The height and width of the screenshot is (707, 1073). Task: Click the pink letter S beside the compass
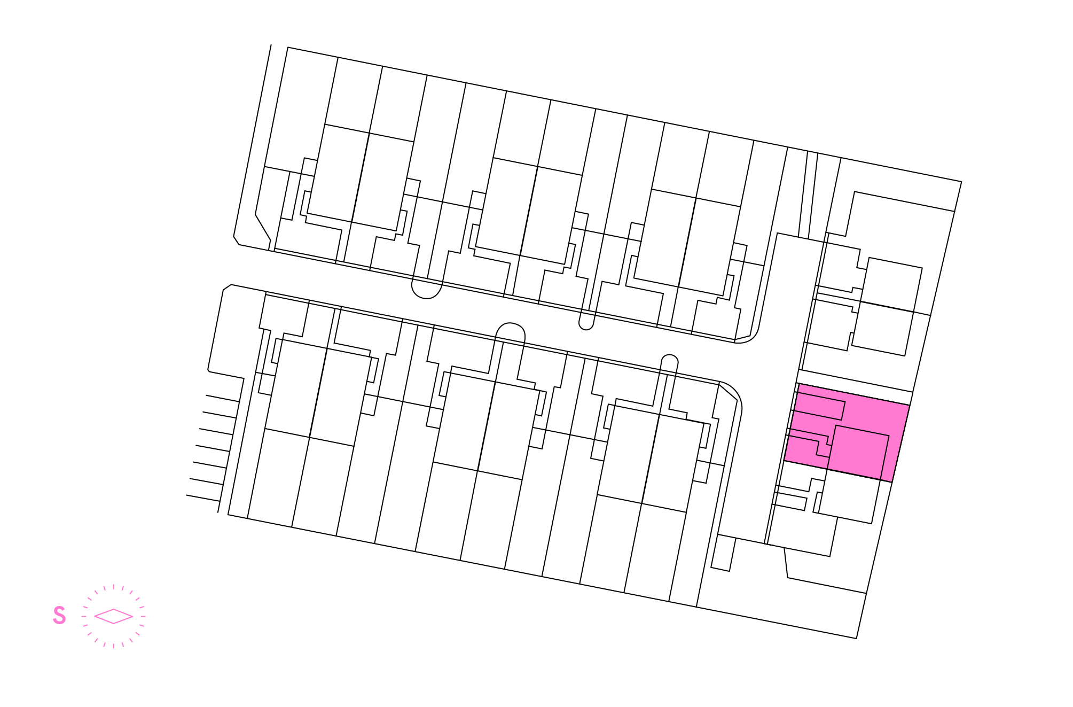[x=59, y=615]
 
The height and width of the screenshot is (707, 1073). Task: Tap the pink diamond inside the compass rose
[x=113, y=616]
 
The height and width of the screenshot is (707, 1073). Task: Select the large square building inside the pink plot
[x=858, y=453]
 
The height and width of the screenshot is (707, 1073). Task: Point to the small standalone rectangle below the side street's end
[x=724, y=554]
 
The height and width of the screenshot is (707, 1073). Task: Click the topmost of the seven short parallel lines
[x=222, y=399]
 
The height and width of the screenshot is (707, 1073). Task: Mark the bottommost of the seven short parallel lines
[x=203, y=499]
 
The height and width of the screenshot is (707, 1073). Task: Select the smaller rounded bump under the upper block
[x=586, y=324]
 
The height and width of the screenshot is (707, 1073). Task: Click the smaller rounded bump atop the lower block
[x=670, y=359]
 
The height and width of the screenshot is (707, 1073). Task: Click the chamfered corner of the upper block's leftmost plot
[x=263, y=227]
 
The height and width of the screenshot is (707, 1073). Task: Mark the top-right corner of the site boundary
[x=961, y=182]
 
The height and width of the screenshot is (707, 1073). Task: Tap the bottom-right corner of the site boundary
[x=857, y=638]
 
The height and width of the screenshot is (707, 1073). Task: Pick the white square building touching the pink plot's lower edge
[x=849, y=496]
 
